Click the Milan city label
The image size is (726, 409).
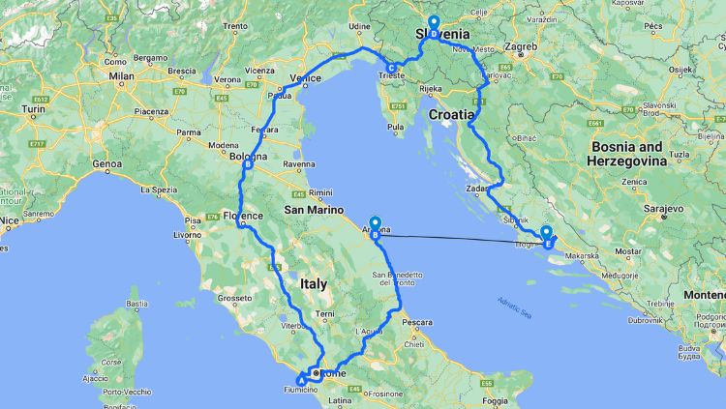pos(121,74)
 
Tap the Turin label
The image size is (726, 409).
pos(36,109)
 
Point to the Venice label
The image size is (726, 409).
pos(306,78)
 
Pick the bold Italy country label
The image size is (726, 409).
pos(314,284)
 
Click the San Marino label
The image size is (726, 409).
pos(307,209)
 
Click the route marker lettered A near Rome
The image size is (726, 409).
pos(301,380)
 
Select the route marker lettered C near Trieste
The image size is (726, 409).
pos(391,68)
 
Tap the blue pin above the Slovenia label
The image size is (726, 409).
pos(433,23)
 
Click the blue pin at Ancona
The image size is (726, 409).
pos(375,223)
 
